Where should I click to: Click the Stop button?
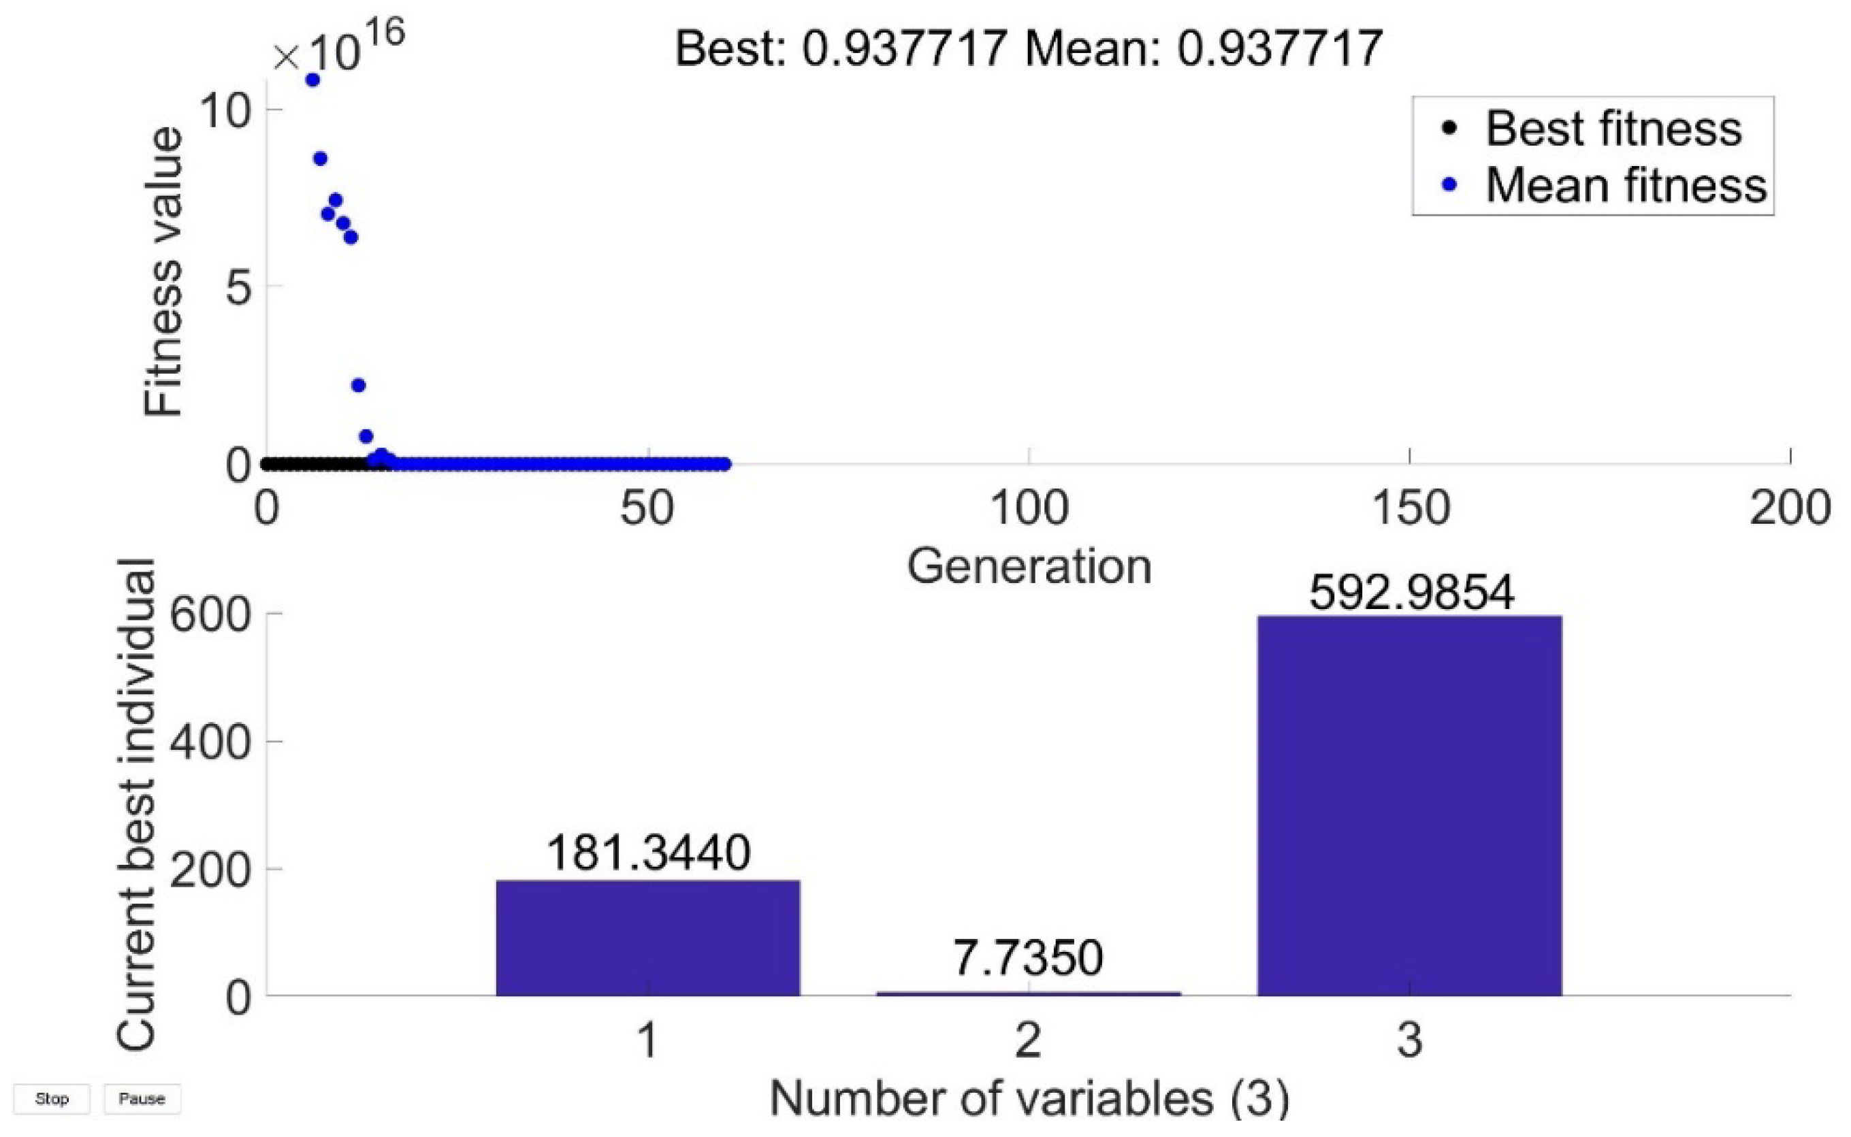pyautogui.click(x=51, y=1099)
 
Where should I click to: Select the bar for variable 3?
pyautogui.click(x=1409, y=805)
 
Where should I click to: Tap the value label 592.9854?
pyautogui.click(x=1411, y=593)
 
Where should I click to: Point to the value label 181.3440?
pyautogui.click(x=647, y=853)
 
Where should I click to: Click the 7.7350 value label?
pyautogui.click(x=1027, y=958)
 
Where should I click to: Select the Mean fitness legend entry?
pyautogui.click(x=1624, y=185)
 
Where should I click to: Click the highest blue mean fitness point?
pyautogui.click(x=312, y=80)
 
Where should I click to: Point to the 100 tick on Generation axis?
pyautogui.click(x=1028, y=508)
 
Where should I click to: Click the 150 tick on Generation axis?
pyautogui.click(x=1409, y=508)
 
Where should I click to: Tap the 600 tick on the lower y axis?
pyautogui.click(x=209, y=616)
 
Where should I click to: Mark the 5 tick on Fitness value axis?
pyautogui.click(x=238, y=286)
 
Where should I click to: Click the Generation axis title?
pyautogui.click(x=1028, y=567)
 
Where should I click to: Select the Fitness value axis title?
pyautogui.click(x=163, y=271)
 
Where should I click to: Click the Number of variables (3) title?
pyautogui.click(x=1028, y=1099)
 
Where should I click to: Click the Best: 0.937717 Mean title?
pyautogui.click(x=1028, y=49)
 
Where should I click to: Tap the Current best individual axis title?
pyautogui.click(x=137, y=805)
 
